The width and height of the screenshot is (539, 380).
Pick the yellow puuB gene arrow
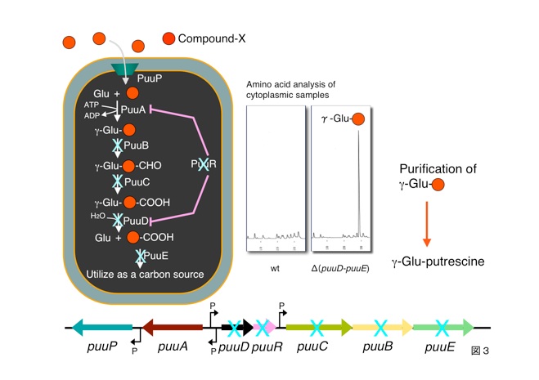381,328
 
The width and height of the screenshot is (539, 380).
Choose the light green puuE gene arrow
442,328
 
